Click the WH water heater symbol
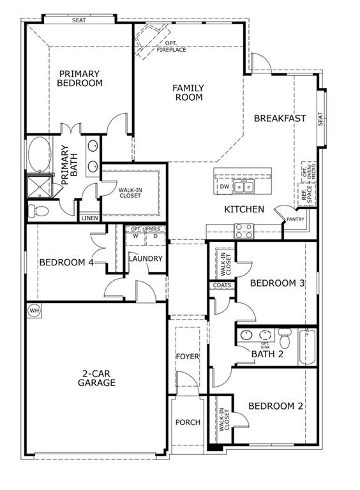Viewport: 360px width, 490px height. [x=34, y=311]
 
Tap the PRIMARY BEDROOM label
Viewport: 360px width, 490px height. [x=80, y=78]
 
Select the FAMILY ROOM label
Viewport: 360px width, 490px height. [x=188, y=93]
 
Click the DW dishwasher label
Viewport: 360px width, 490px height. [x=224, y=186]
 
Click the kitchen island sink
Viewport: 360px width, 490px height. [x=243, y=186]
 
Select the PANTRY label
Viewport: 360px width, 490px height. [x=296, y=219]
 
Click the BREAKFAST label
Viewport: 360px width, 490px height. [x=280, y=118]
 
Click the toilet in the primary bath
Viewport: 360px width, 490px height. [x=38, y=211]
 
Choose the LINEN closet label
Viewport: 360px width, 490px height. [x=89, y=218]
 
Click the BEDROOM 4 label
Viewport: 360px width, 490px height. [x=66, y=262]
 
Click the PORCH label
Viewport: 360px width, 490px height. [x=188, y=422]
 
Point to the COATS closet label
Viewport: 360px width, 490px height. [x=222, y=285]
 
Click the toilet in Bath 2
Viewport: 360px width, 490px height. [x=285, y=336]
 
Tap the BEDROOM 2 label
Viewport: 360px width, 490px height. [x=276, y=406]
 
